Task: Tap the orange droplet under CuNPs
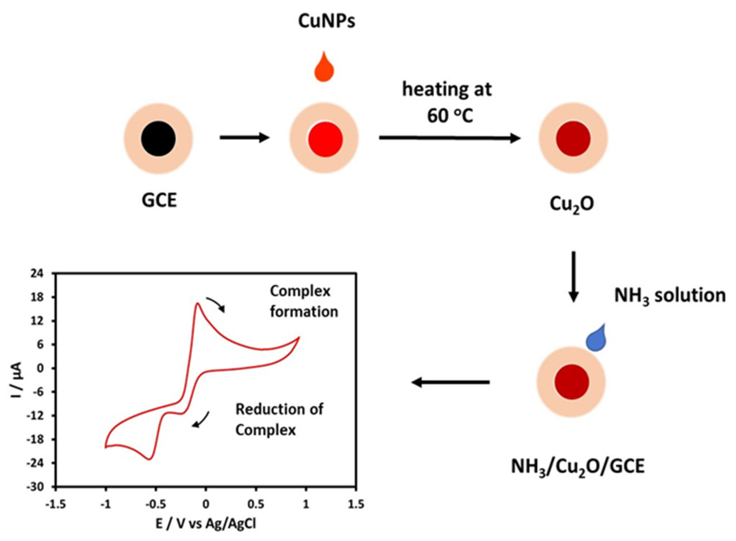tap(324, 69)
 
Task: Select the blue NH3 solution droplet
tap(596, 340)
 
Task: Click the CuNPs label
tap(326, 21)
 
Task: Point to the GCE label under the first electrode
tap(159, 201)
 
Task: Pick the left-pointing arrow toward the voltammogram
tap(450, 382)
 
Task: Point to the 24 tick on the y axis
tap(37, 274)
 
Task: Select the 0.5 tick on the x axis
tap(256, 504)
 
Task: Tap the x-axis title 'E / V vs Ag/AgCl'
tap(206, 524)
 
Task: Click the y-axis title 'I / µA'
tap(16, 380)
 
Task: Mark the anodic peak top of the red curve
tap(198, 304)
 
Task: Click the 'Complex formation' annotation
tap(303, 301)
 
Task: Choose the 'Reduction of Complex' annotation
tap(279, 420)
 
